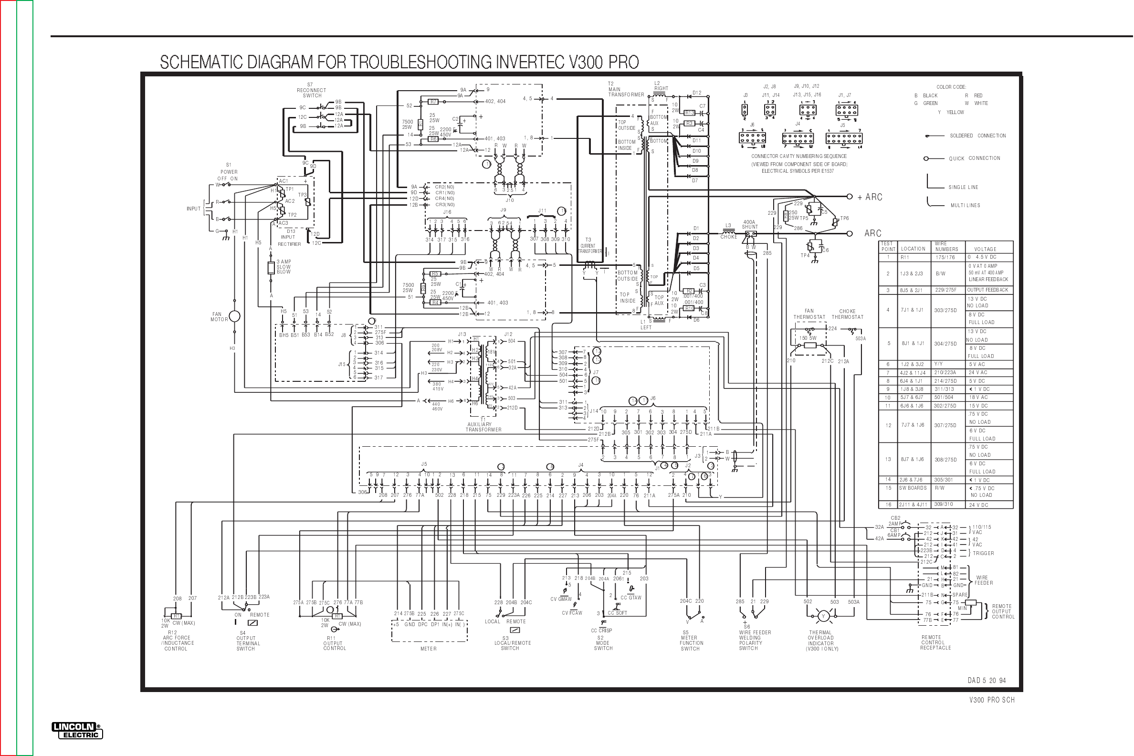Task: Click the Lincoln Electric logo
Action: click(x=77, y=731)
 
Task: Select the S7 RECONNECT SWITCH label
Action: click(x=312, y=90)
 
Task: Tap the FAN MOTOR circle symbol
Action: click(x=234, y=316)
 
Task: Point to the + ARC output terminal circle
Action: click(x=850, y=197)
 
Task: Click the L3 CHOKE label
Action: click(x=728, y=231)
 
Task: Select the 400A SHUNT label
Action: click(x=750, y=225)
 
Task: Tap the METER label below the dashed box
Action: click(x=428, y=649)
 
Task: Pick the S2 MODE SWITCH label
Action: click(x=603, y=643)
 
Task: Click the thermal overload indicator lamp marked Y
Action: click(x=823, y=616)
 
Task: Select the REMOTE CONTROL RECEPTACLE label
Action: click(x=935, y=643)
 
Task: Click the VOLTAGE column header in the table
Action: click(x=985, y=249)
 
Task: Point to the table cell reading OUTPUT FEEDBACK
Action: click(x=987, y=290)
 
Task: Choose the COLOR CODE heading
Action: click(x=951, y=87)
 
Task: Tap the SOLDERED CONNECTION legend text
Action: click(x=978, y=136)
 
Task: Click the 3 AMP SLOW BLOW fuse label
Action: click(x=284, y=267)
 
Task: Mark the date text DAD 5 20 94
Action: click(x=987, y=680)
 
